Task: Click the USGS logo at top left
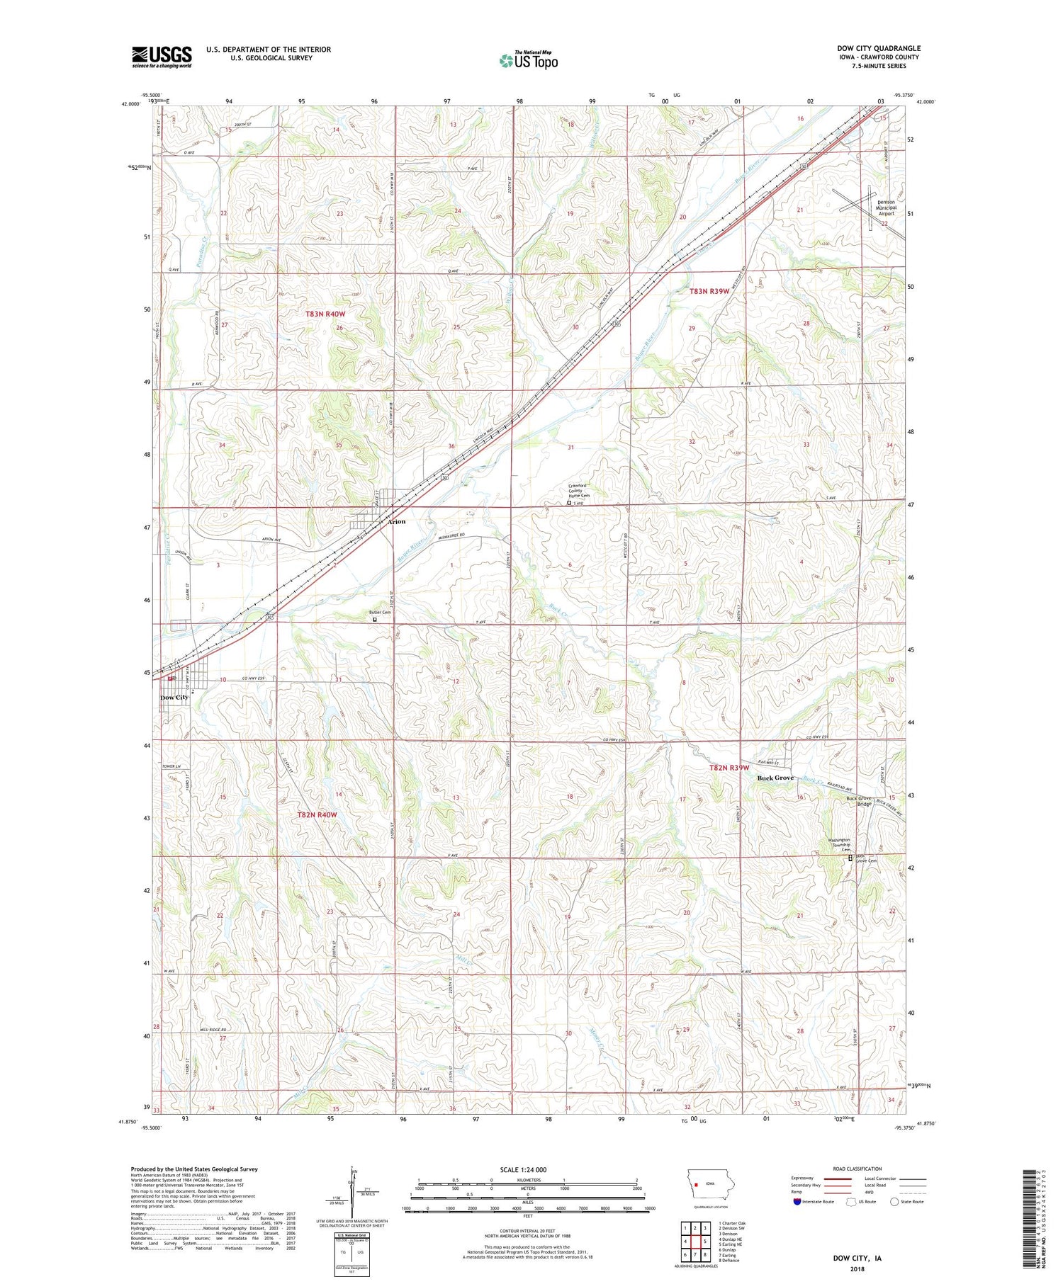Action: coord(162,57)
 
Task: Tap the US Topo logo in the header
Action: coord(528,61)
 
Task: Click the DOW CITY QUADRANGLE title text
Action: coord(878,48)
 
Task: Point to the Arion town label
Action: coord(396,521)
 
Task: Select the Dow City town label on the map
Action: coord(174,698)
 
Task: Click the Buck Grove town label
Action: coord(775,778)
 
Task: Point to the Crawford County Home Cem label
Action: coord(579,490)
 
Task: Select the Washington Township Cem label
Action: coord(845,845)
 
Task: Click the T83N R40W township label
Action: coord(325,313)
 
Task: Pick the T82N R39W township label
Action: coord(729,768)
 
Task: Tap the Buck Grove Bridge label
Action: coord(859,801)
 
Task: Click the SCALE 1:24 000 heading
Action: coord(528,1169)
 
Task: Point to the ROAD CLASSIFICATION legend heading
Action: coord(857,1169)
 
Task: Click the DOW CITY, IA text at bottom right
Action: coord(857,1259)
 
